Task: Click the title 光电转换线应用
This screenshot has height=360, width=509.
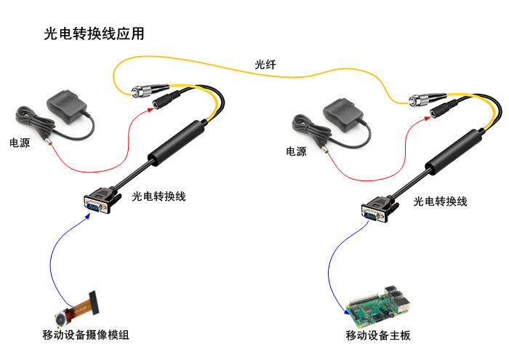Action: [x=94, y=33]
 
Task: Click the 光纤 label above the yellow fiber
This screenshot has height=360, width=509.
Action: [x=265, y=65]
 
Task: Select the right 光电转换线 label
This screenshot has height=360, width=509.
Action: [x=440, y=201]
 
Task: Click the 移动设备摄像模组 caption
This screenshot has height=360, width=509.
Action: [x=86, y=335]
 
